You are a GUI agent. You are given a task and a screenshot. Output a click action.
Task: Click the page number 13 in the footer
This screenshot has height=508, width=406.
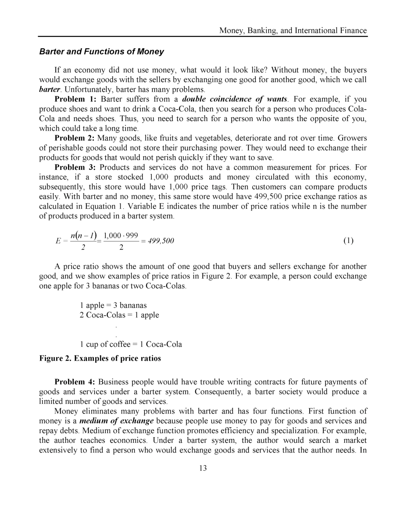[x=203, y=468]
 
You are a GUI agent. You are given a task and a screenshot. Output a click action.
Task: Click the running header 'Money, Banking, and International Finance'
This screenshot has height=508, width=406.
[x=293, y=30]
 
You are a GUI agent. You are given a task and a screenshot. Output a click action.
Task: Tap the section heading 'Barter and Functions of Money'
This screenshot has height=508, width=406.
[x=101, y=52]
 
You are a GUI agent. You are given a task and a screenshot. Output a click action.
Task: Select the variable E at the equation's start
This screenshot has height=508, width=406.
[x=58, y=241]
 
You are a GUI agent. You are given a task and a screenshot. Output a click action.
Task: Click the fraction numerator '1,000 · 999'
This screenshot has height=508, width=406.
[x=121, y=235]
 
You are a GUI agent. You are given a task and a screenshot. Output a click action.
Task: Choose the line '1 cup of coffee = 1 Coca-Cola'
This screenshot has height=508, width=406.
[x=131, y=344]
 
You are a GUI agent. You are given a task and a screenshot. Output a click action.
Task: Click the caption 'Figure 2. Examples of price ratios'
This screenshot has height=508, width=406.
[x=100, y=359]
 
